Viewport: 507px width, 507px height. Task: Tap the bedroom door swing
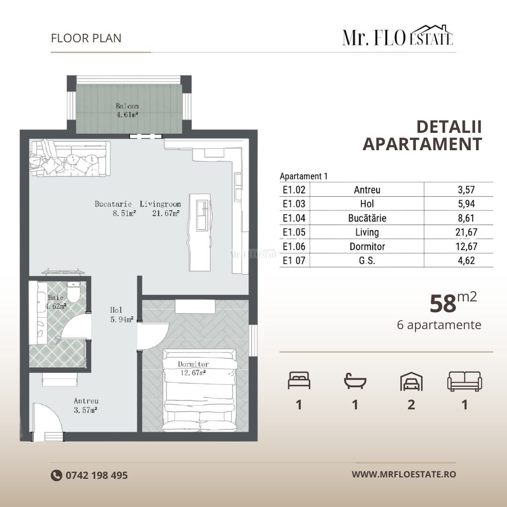153,336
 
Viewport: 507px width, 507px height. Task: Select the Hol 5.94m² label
121,315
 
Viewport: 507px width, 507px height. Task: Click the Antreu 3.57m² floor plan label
85,406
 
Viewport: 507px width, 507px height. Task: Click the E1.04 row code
294,218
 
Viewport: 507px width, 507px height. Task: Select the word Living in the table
367,232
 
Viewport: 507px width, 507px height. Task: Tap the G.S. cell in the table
367,261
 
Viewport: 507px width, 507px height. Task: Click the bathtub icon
355,382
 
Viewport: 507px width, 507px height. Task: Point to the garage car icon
411,382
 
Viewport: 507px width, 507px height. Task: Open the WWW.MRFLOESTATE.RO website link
404,474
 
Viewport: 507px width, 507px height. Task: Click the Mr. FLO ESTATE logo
397,37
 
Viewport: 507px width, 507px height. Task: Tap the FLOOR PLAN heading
86,38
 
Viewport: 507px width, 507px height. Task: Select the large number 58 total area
443,304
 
